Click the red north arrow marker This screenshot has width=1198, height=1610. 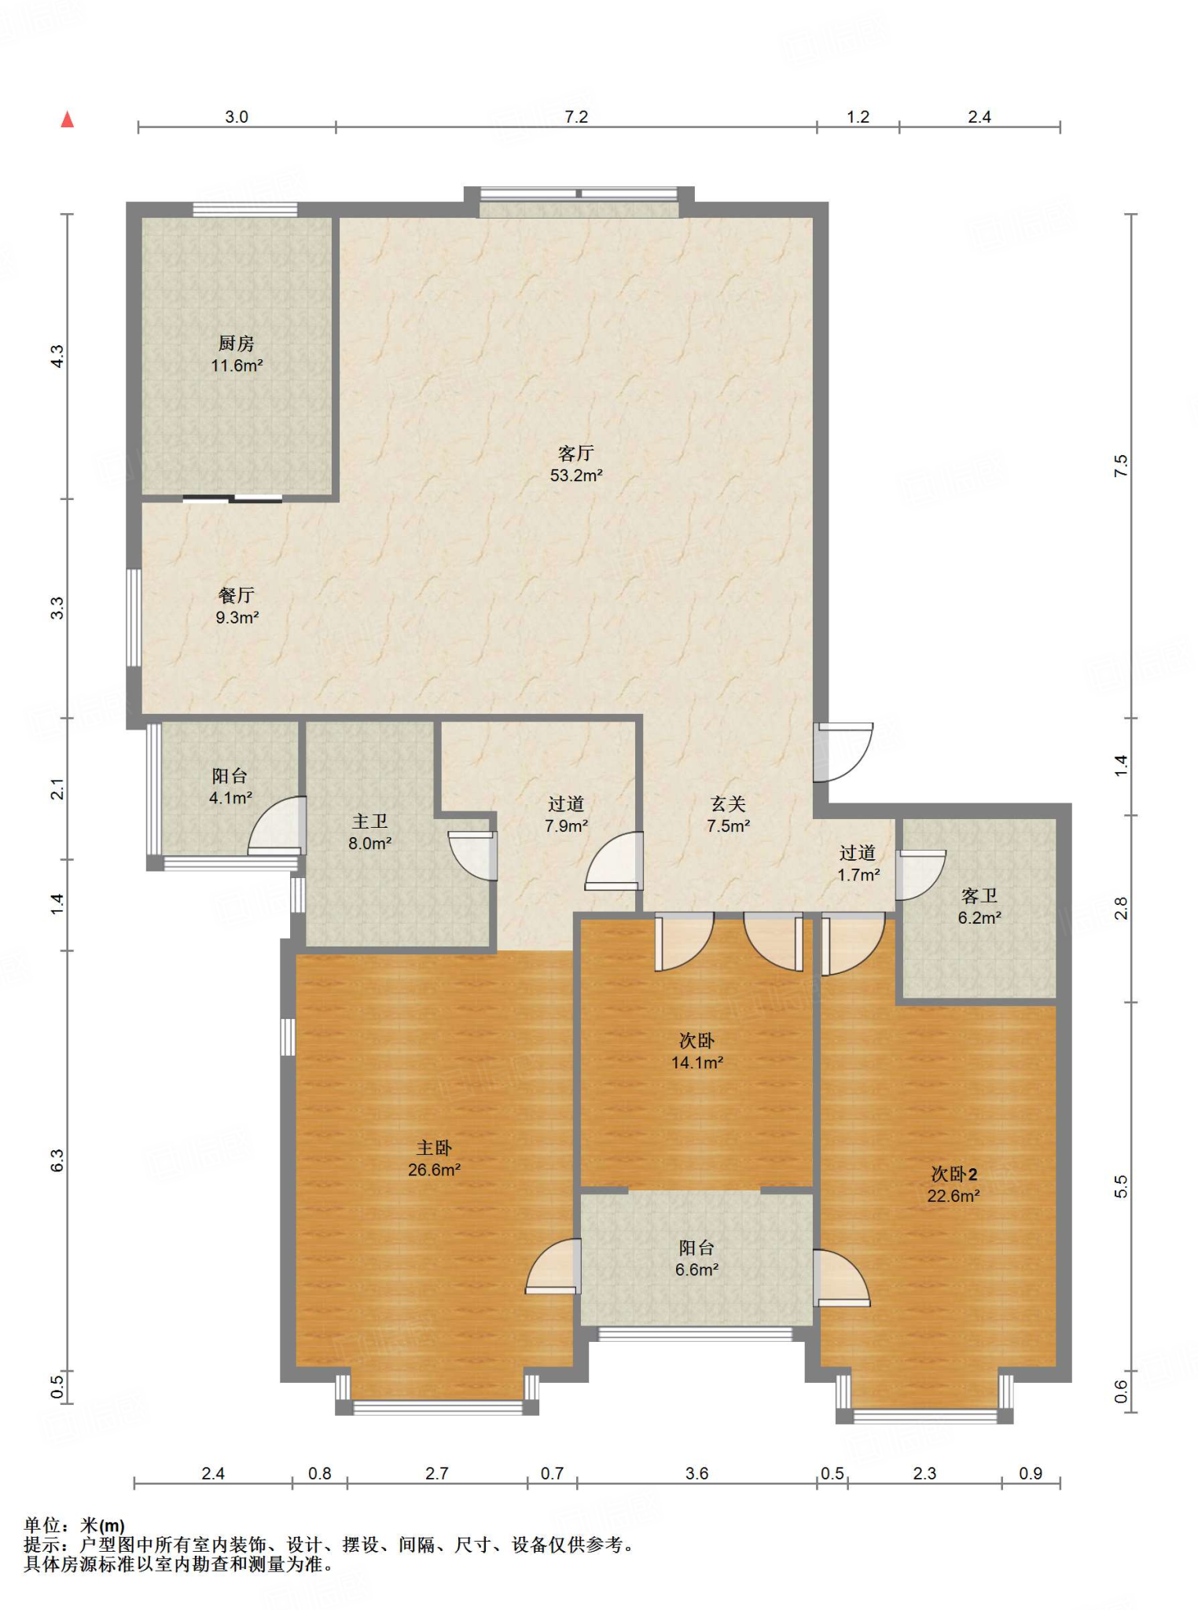(68, 119)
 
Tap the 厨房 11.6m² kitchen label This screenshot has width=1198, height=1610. (237, 355)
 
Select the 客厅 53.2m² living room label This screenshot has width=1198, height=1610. (576, 464)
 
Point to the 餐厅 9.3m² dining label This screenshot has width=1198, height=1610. (237, 606)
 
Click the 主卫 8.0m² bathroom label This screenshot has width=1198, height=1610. (370, 833)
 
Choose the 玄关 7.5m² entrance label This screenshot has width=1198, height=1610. (728, 814)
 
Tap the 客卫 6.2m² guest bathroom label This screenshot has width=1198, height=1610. (979, 906)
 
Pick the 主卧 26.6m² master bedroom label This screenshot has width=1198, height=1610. (434, 1159)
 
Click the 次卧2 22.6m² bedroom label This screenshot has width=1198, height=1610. (954, 1185)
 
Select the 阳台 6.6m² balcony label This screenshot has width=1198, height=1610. (696, 1259)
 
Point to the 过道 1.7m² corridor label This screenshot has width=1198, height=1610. (858, 863)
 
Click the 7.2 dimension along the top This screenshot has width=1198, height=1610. (576, 117)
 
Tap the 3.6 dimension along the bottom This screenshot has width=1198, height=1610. (696, 1473)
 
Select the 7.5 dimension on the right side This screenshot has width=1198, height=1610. (1121, 466)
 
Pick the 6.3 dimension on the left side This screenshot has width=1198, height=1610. (57, 1160)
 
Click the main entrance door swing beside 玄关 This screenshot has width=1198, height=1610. (843, 752)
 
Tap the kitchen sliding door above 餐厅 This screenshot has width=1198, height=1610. (233, 498)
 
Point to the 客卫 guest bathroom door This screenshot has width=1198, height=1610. (921, 875)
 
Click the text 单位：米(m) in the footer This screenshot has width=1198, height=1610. (75, 1526)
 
